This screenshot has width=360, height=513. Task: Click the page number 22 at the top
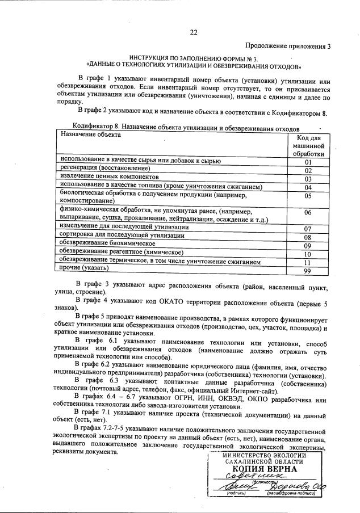pos(193,32)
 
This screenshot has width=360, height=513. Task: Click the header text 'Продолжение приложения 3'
pos(287,46)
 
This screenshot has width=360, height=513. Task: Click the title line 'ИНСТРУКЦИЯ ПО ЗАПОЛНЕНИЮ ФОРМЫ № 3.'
pos(193,58)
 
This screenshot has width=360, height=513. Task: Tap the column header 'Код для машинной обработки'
pos(308,146)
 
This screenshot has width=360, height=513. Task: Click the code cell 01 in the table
pos(308,162)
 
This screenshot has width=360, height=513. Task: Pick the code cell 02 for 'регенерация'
pos(308,170)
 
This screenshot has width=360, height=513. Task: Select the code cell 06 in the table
pos(308,212)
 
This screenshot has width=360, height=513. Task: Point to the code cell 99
pos(308,271)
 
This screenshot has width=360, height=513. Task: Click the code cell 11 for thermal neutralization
pos(308,262)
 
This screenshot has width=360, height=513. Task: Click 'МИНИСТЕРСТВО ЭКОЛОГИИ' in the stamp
pos(264,455)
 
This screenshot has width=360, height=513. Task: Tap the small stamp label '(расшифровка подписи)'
pos(287,494)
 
